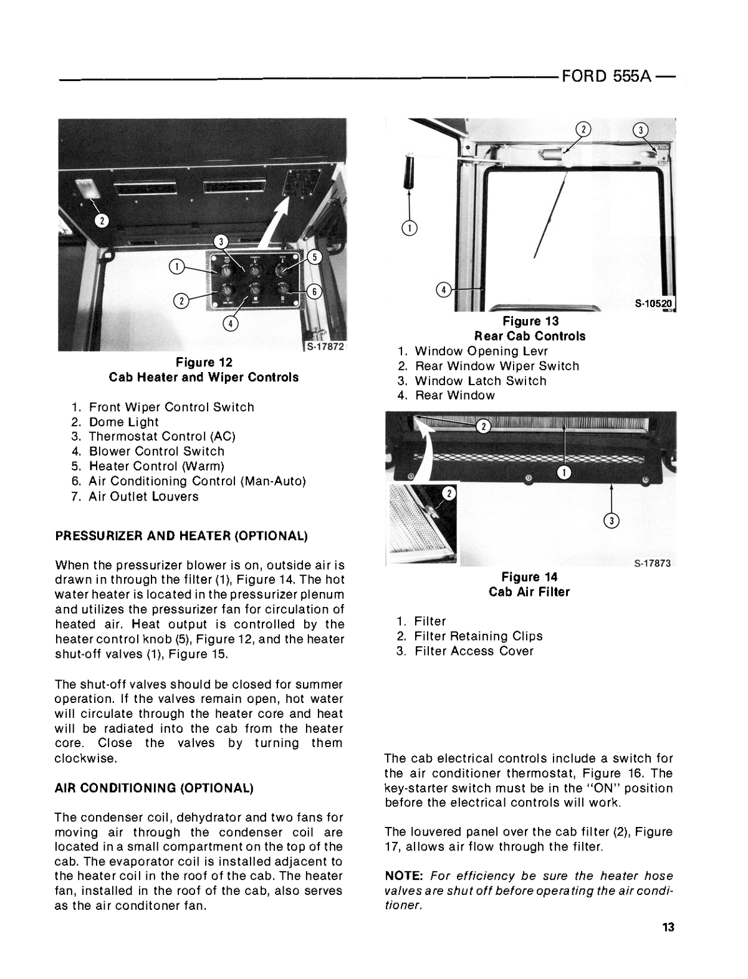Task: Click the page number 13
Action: click(x=668, y=927)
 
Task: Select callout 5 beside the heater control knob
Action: click(x=314, y=257)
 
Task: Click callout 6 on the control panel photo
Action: click(x=314, y=291)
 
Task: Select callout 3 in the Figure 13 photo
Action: click(x=640, y=130)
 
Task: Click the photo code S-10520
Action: click(x=654, y=304)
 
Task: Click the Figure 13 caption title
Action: click(x=530, y=322)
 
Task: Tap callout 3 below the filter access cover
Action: click(x=611, y=521)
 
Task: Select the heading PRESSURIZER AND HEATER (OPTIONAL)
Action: click(x=181, y=536)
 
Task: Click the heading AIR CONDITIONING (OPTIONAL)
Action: click(x=154, y=788)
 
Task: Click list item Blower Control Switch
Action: click(x=156, y=451)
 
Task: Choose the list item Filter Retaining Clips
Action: click(x=478, y=636)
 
